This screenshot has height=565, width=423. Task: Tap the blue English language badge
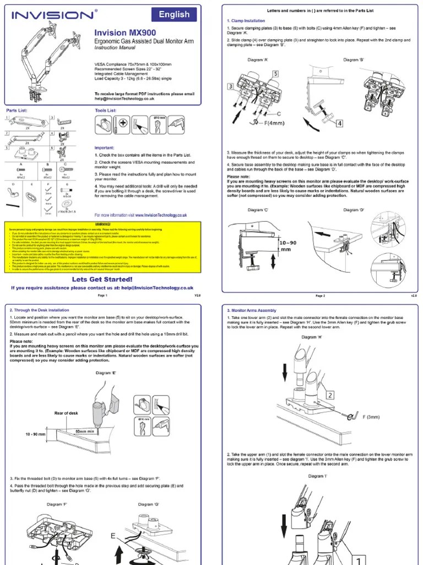click(173, 15)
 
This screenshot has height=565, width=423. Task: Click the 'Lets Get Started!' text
click(102, 279)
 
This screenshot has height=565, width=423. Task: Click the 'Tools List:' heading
click(106, 110)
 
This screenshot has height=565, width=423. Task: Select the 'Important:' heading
click(104, 148)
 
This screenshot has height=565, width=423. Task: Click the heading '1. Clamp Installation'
click(246, 21)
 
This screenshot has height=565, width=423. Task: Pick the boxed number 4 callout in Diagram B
click(339, 123)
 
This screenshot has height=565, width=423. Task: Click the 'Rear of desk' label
click(67, 413)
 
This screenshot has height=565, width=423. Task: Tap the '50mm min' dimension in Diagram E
click(85, 430)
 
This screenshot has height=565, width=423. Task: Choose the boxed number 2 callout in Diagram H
click(329, 395)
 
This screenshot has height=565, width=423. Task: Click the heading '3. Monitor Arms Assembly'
click(252, 311)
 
